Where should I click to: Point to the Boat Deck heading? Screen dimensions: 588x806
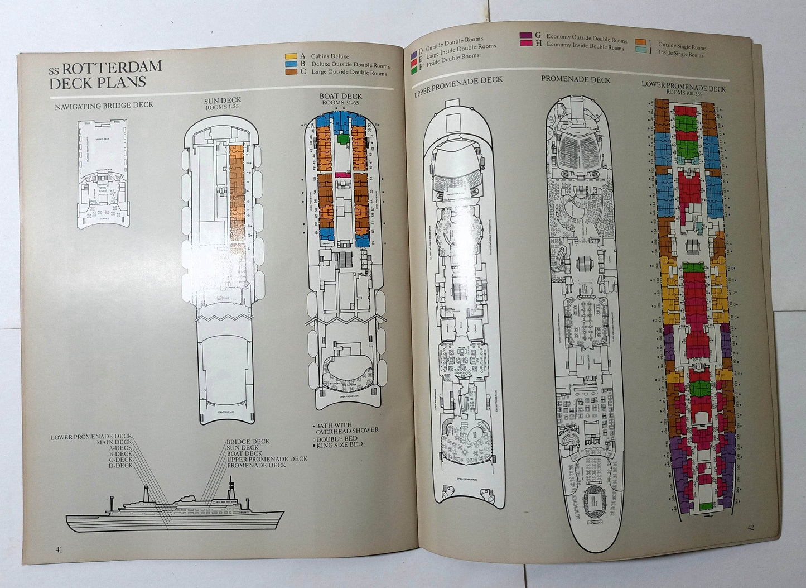click(340, 96)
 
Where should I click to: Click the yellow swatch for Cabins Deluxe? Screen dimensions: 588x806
click(290, 56)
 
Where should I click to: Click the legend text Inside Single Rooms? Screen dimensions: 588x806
click(680, 54)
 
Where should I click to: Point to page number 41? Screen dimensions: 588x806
click(59, 548)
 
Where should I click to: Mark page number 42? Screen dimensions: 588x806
click(750, 527)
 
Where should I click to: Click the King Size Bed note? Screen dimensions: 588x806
click(341, 444)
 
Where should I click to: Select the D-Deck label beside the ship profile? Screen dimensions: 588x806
click(120, 465)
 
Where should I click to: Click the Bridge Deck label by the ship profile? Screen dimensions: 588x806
click(248, 441)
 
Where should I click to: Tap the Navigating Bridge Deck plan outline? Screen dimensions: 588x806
click(103, 173)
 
